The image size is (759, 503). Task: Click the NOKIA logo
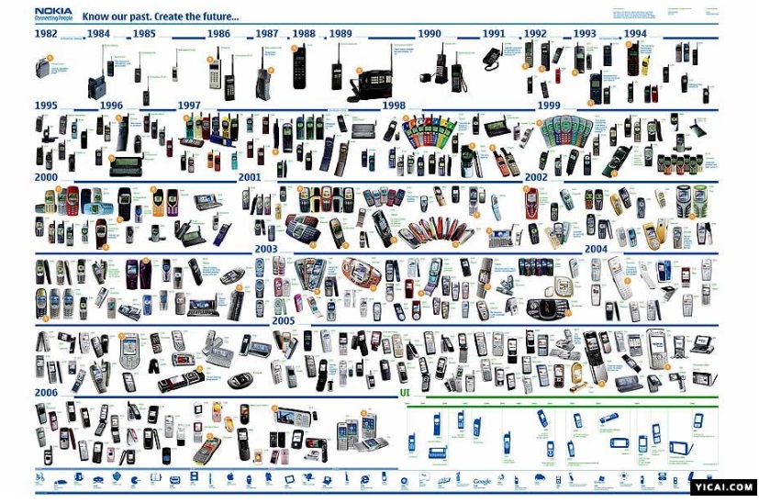(x=53, y=12)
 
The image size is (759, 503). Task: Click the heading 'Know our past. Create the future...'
(x=161, y=17)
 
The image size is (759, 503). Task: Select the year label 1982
(x=47, y=34)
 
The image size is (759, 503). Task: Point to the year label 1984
(x=98, y=34)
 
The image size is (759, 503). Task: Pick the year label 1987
(x=267, y=34)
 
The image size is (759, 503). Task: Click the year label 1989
(x=340, y=34)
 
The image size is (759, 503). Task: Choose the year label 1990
(x=430, y=34)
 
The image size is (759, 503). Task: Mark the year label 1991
(x=494, y=34)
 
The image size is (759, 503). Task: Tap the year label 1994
(x=635, y=34)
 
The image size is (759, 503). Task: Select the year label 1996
(x=111, y=106)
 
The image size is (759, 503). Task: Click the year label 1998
(x=394, y=106)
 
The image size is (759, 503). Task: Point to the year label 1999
(x=549, y=106)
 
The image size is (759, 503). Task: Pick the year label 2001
(x=250, y=176)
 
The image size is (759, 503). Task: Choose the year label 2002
(x=536, y=176)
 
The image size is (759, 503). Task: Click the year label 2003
(x=266, y=249)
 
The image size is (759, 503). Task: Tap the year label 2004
(x=596, y=249)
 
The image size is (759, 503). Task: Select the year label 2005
(x=283, y=320)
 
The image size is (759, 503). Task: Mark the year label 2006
(x=47, y=392)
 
